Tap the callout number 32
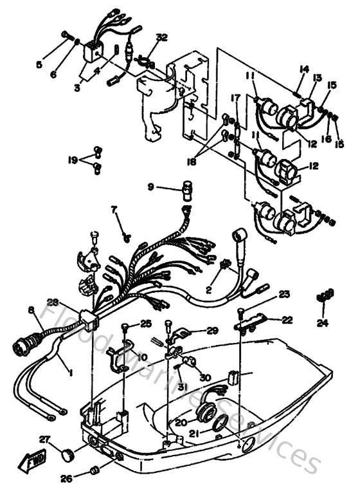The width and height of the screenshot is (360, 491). tap(161, 38)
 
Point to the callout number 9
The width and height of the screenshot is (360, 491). tap(150, 187)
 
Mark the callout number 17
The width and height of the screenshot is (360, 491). tap(236, 97)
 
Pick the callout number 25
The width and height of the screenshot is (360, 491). tap(146, 323)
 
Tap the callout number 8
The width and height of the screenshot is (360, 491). tap(30, 310)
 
